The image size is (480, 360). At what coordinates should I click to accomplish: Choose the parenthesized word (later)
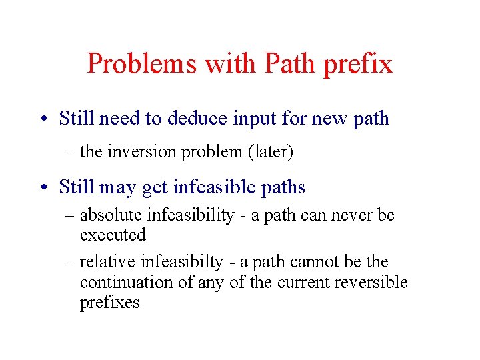pyautogui.click(x=270, y=152)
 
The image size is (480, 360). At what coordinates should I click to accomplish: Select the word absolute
pyautogui.click(x=111, y=215)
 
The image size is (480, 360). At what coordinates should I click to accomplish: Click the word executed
pyautogui.click(x=113, y=235)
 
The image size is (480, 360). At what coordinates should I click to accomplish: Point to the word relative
pyautogui.click(x=106, y=262)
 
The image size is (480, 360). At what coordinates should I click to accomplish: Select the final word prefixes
pyautogui.click(x=110, y=303)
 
